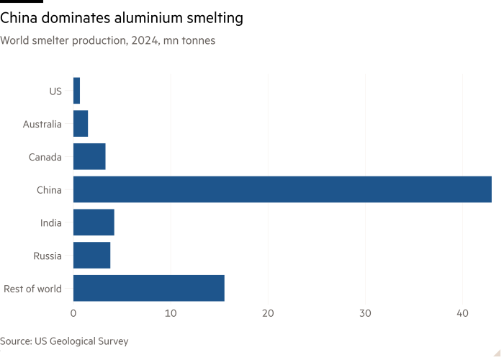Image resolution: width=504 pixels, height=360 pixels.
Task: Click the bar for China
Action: pyautogui.click(x=282, y=189)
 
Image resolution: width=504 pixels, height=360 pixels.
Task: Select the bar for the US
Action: pyautogui.click(x=77, y=91)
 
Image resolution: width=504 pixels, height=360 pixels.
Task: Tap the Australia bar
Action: pyautogui.click(x=81, y=124)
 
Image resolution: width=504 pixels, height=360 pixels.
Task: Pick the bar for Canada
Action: pyautogui.click(x=89, y=156)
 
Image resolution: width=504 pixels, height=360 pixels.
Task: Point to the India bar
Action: pyautogui.click(x=94, y=222)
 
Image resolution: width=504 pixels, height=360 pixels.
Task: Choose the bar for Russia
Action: pyautogui.click(x=92, y=256)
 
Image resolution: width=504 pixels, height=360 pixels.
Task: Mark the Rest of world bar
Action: pyautogui.click(x=148, y=288)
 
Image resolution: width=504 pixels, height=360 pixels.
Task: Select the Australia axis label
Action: pyautogui.click(x=42, y=124)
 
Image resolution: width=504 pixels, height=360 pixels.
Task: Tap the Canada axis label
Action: pyautogui.click(x=45, y=157)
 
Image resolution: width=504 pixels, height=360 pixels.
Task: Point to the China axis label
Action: pyautogui.click(x=49, y=190)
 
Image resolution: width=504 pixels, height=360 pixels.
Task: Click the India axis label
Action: pyautogui.click(x=50, y=223)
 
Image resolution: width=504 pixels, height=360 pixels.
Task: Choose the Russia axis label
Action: pyautogui.click(x=48, y=256)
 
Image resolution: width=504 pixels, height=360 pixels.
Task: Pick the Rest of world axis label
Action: pyautogui.click(x=32, y=289)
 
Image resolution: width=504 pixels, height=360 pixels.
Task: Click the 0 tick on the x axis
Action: pyautogui.click(x=73, y=313)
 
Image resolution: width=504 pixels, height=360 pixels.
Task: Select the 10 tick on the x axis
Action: pyautogui.click(x=171, y=313)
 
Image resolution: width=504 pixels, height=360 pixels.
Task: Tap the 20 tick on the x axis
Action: pyautogui.click(x=268, y=313)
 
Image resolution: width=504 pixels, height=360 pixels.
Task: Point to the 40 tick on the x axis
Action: pyautogui.click(x=463, y=313)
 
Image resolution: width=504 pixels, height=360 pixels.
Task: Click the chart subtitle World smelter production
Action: pyautogui.click(x=107, y=40)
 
